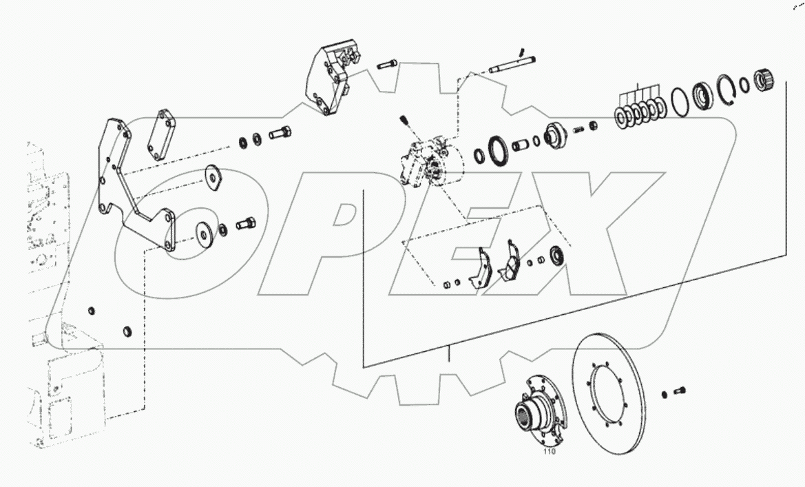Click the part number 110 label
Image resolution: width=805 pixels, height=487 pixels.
[549, 453]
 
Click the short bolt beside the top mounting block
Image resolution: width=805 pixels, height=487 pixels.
[388, 65]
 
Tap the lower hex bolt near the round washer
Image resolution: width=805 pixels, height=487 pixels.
[246, 223]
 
